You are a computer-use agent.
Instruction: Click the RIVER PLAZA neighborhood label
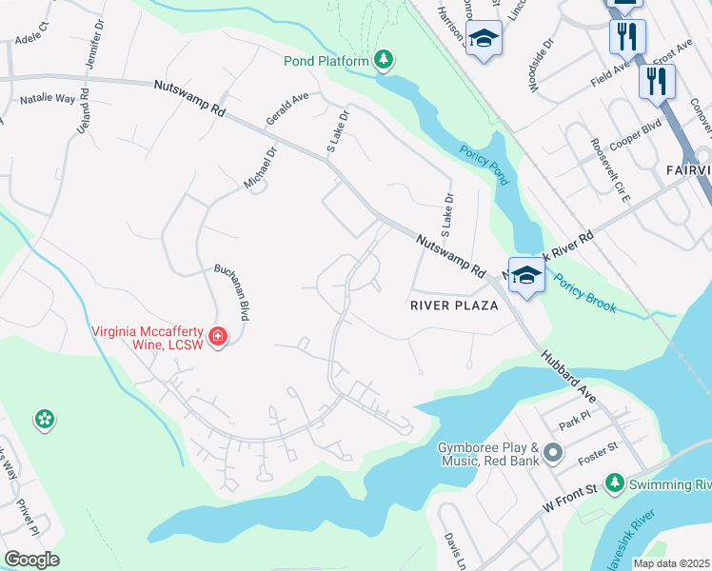click(454, 305)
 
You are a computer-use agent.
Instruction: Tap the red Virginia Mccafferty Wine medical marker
click(218, 337)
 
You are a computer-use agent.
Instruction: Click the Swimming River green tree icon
click(615, 483)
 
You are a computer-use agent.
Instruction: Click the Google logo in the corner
click(31, 560)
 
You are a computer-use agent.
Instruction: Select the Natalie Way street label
click(47, 98)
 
